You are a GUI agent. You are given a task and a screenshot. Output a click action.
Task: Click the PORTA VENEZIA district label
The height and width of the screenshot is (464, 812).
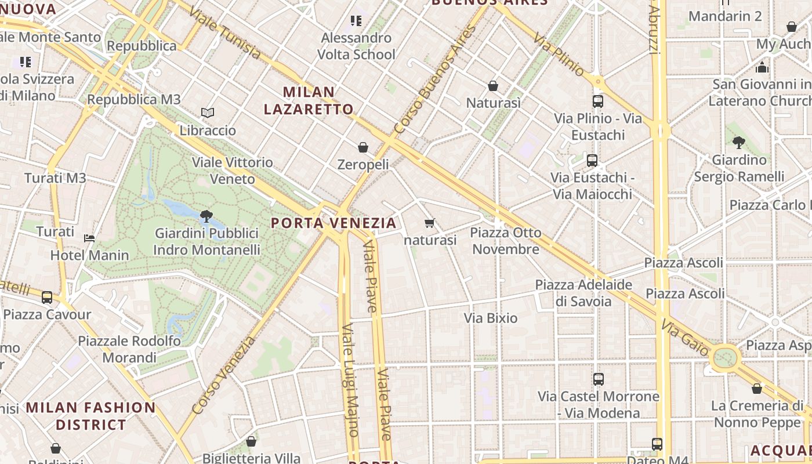click(x=334, y=223)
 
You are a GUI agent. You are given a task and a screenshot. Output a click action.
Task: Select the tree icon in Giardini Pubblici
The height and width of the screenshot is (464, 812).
click(x=206, y=216)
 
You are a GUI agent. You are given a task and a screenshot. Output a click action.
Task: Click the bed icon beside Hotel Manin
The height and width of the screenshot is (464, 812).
click(x=89, y=238)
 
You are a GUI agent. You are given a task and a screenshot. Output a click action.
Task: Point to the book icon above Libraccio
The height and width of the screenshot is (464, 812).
click(x=208, y=113)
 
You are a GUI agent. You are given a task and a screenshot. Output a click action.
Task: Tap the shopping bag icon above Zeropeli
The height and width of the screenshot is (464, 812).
click(x=363, y=147)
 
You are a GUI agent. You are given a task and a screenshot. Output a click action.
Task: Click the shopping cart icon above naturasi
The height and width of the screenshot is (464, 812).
click(x=430, y=223)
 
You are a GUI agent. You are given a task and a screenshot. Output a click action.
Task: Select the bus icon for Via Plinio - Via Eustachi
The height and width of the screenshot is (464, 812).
click(x=598, y=101)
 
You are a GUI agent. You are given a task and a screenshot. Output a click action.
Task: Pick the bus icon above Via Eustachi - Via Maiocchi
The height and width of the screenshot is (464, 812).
click(x=592, y=161)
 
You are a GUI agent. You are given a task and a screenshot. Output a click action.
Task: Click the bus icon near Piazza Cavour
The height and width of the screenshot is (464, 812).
click(x=47, y=298)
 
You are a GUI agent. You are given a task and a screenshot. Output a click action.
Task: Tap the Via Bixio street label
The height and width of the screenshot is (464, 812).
click(x=491, y=318)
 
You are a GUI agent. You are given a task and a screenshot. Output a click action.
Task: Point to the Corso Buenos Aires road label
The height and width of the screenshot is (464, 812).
click(x=435, y=79)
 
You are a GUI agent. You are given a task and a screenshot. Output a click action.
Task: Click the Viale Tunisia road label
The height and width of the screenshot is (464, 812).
click(x=226, y=33)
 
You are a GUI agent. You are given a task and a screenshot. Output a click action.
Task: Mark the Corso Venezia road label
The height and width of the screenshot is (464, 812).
click(x=223, y=375)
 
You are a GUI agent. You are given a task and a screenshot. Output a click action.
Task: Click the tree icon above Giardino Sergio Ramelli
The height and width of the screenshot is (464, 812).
click(x=739, y=142)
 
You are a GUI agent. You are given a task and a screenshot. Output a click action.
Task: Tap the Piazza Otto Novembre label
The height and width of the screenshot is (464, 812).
click(x=506, y=241)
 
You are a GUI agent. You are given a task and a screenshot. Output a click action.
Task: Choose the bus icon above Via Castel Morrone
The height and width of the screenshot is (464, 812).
click(x=599, y=379)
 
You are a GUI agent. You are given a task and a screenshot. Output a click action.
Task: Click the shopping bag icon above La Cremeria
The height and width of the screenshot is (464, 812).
click(x=757, y=389)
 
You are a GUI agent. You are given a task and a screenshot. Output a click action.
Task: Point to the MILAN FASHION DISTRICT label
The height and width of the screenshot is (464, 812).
click(x=91, y=416)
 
